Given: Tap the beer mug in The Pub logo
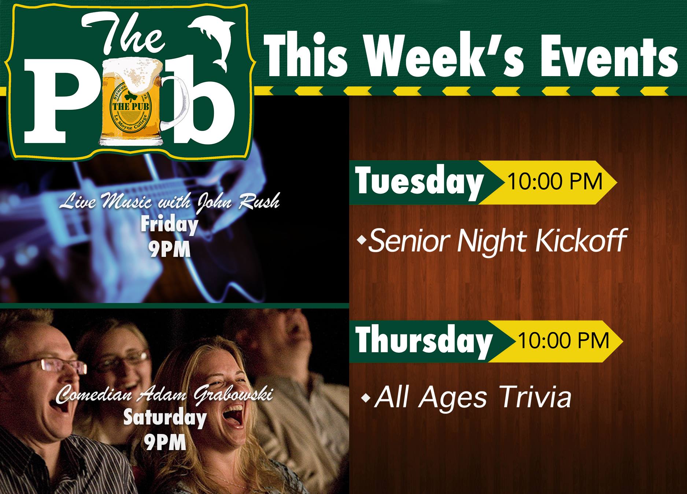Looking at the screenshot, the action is click(x=137, y=101).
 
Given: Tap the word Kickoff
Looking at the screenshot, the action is click(x=580, y=241).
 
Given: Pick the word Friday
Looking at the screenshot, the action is click(x=169, y=225).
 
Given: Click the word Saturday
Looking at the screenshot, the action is click(x=165, y=418).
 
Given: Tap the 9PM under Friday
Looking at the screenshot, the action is click(x=169, y=250).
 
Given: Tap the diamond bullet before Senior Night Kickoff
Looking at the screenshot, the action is click(x=363, y=240).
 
